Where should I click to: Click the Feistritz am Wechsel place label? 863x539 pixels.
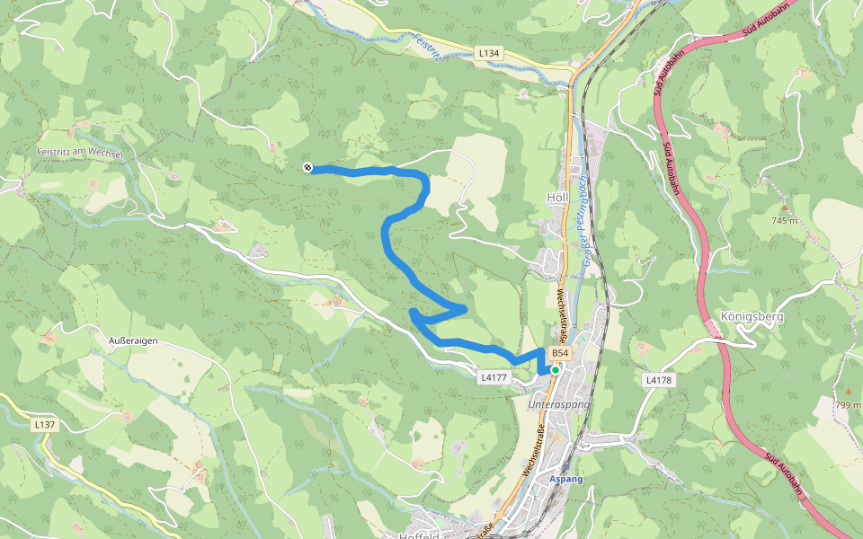point(80,154)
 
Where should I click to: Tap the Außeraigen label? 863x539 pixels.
point(133,341)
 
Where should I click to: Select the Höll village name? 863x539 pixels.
point(558,198)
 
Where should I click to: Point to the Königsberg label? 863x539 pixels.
point(752,316)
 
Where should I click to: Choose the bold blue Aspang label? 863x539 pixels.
point(566,479)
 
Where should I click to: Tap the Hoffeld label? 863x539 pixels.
point(418,535)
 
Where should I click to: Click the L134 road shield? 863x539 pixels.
point(488,54)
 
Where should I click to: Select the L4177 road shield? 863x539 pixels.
point(495,377)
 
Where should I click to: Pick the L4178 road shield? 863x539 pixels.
point(659,380)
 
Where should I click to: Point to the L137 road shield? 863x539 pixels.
point(44,424)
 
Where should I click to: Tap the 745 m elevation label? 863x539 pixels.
point(785,220)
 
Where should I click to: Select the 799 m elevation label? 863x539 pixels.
point(849,405)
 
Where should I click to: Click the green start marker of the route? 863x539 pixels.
point(556,369)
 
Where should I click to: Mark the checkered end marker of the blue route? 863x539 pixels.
point(307,167)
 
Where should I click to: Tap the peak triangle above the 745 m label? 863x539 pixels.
point(784,208)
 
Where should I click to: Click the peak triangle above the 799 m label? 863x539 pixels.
point(848,392)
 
